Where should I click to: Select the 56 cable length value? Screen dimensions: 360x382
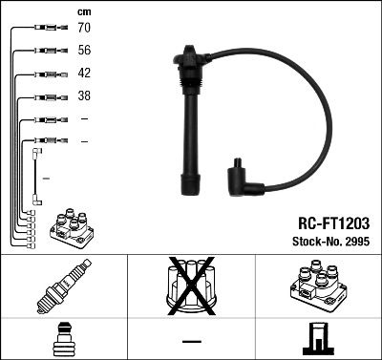[x=83, y=52]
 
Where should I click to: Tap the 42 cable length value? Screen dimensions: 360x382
[x=83, y=74]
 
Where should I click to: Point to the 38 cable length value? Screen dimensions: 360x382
[x=83, y=96]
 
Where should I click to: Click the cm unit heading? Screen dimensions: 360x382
[x=82, y=11]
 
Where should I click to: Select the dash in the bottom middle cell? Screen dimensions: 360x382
[x=191, y=341]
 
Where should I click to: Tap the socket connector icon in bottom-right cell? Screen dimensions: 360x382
[x=318, y=339]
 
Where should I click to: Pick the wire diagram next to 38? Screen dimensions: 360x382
[x=45, y=96]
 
